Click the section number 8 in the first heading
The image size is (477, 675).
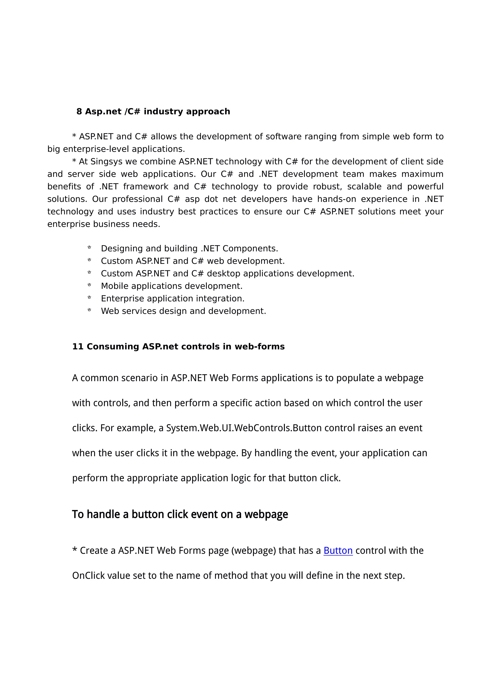click(79, 111)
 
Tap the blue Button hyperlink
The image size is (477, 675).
click(338, 550)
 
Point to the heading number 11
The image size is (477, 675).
click(78, 346)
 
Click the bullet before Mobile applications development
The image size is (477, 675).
click(89, 285)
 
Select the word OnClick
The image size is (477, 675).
click(89, 575)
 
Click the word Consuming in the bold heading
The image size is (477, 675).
click(113, 346)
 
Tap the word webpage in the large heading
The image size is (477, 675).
click(266, 514)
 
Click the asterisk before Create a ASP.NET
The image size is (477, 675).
click(75, 550)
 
